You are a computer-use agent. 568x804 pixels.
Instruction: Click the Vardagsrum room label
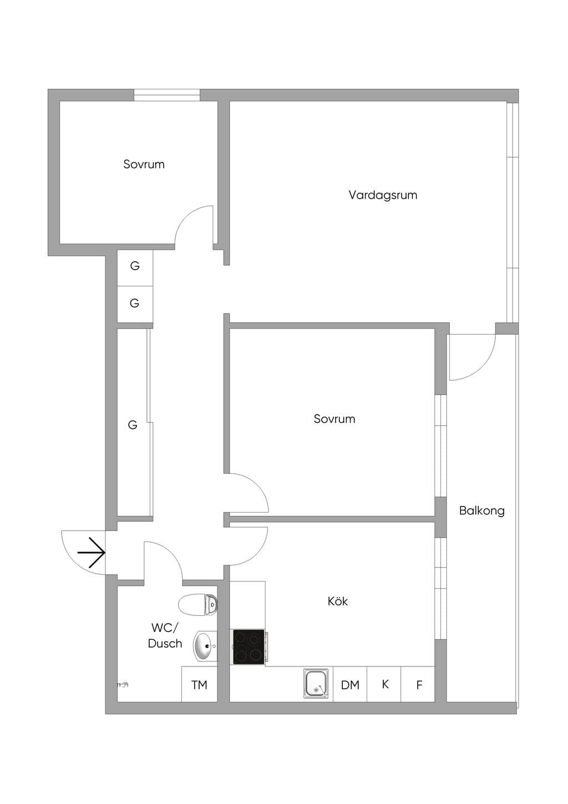383,195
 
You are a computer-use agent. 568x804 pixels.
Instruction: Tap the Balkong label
482,510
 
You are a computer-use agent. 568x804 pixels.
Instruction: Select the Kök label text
337,601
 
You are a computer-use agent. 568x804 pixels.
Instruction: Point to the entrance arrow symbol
92,553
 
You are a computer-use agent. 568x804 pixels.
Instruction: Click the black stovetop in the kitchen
249,646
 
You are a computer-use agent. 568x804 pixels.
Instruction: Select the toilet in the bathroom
197,604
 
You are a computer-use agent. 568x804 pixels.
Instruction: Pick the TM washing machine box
199,684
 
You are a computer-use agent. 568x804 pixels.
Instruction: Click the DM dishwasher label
350,685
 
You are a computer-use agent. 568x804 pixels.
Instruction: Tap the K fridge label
385,685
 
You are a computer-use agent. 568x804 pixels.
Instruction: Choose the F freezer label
419,685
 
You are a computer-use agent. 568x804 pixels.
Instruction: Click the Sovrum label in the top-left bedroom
144,164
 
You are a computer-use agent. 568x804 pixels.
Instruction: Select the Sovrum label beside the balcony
334,419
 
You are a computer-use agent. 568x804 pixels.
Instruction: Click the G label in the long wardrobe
133,426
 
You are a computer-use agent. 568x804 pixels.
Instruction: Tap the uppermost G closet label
135,266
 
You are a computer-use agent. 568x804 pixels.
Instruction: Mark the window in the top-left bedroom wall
167,95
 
